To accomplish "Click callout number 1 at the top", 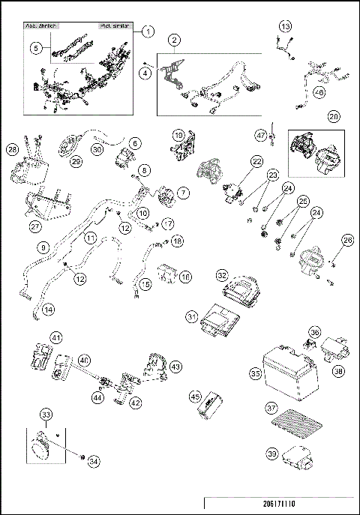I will [x=148, y=31].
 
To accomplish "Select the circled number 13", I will [x=285, y=26].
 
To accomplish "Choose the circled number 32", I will [x=221, y=275].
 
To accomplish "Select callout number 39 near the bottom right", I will [x=271, y=453].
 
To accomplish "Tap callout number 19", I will [x=178, y=135].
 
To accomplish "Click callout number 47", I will [x=261, y=136].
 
